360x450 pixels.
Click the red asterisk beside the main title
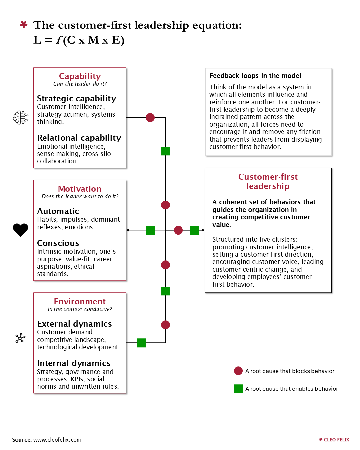[x=24, y=24]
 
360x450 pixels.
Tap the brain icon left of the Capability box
[x=20, y=117]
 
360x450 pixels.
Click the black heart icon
[x=20, y=230]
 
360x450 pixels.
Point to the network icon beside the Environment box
[x=20, y=338]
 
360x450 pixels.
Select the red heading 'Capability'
[x=80, y=76]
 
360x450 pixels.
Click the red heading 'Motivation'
[x=79, y=189]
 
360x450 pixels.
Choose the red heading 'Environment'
[x=80, y=301]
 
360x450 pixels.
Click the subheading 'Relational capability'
[x=79, y=138]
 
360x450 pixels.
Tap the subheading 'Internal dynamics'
[x=74, y=363]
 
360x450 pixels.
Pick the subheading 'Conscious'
[x=58, y=243]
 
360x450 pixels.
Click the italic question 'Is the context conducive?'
[x=80, y=309]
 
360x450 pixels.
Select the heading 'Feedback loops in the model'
[x=255, y=75]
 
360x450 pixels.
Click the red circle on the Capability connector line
[x=150, y=118]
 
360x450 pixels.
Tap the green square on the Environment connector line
[x=141, y=343]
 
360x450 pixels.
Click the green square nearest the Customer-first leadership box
[x=194, y=230]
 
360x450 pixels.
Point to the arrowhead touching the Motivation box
[x=127, y=230]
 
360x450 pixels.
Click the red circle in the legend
[x=238, y=371]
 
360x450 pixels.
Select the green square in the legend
[x=238, y=389]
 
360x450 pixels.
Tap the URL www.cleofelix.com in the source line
[x=57, y=440]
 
